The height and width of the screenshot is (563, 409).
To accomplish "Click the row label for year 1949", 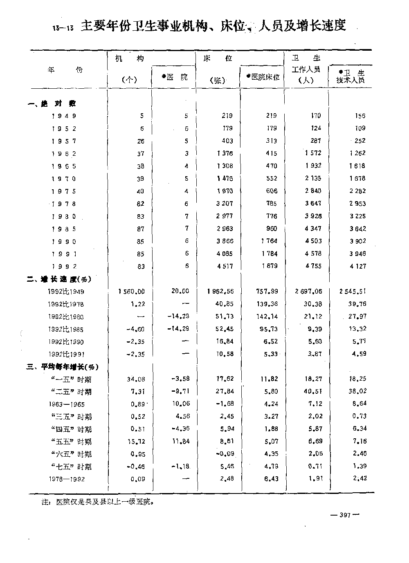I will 64,116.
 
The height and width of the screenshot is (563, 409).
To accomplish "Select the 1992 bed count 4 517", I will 225,266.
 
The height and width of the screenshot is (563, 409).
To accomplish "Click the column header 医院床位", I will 263,77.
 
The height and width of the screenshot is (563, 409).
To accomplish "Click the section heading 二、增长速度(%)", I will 59,279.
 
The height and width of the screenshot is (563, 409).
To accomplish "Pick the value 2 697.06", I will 309,292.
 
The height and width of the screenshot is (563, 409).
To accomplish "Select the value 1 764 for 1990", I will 269,241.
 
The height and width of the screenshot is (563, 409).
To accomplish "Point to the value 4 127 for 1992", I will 357,266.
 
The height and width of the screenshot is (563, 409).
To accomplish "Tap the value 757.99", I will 268,292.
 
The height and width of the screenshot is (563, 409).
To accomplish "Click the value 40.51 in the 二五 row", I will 314,392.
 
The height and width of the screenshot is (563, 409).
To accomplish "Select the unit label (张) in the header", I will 218,81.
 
